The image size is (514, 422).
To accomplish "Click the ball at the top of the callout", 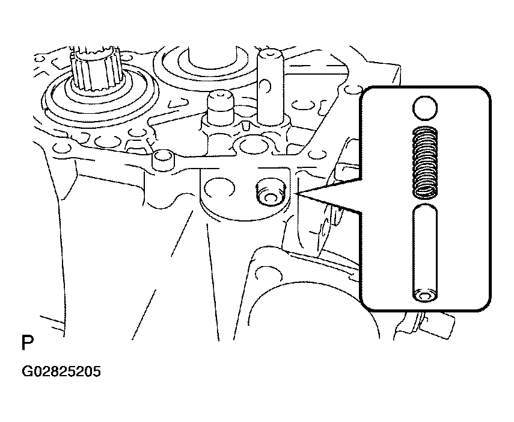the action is [x=425, y=108].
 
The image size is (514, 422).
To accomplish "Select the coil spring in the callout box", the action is [x=425, y=163].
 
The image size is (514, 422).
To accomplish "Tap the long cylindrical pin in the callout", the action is [x=425, y=253].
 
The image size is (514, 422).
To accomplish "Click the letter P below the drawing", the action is [x=27, y=343].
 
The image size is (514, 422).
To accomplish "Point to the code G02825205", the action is [x=61, y=372].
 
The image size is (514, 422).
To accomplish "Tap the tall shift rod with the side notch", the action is [x=270, y=87].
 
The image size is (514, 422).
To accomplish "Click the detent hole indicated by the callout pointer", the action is [x=270, y=194].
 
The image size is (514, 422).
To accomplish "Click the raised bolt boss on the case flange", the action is [x=163, y=161].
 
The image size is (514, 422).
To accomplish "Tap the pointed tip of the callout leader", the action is [x=298, y=194].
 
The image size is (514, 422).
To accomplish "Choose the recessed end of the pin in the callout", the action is [x=425, y=296].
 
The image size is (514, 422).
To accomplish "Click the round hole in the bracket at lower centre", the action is [x=268, y=273].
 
